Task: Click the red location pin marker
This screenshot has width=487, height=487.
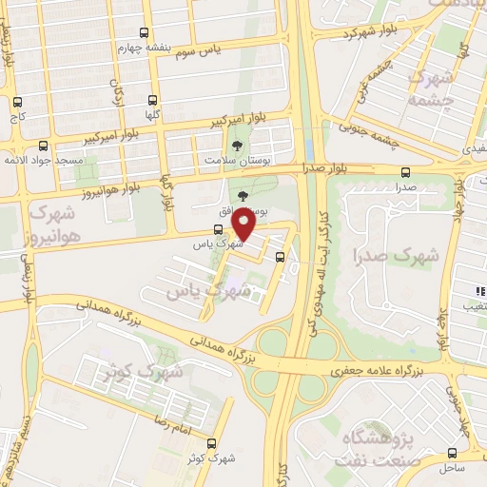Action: (243, 225)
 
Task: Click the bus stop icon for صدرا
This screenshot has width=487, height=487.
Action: (406, 173)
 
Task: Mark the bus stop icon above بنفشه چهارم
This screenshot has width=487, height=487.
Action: (143, 33)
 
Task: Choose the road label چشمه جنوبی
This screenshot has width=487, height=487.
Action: (376, 128)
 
